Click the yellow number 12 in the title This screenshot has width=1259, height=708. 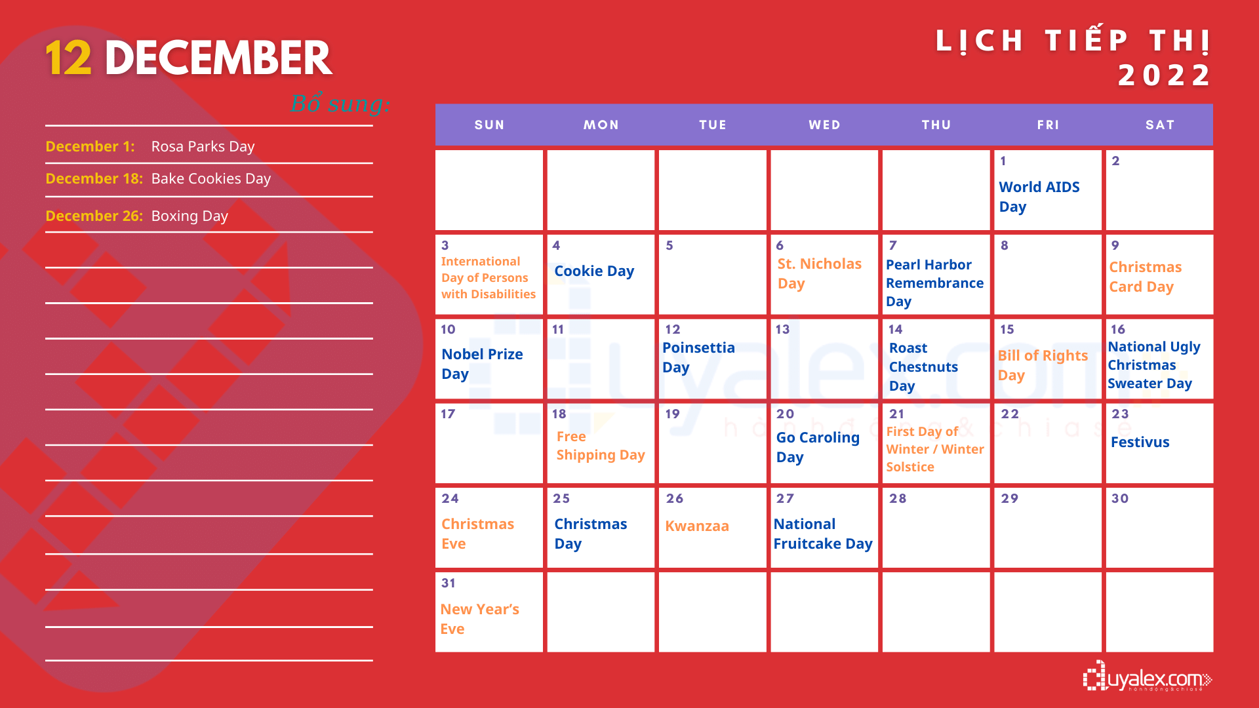(68, 58)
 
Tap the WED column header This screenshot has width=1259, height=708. (824, 125)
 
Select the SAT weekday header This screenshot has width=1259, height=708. (1160, 125)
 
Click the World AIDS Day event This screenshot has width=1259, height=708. (1039, 197)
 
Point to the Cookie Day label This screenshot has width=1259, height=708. (594, 271)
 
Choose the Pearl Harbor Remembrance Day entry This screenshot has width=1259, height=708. (934, 283)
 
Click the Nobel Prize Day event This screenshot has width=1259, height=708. (482, 364)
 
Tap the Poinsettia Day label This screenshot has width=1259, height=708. (698, 357)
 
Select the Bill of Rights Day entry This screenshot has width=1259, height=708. (1043, 365)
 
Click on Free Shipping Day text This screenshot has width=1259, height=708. (601, 446)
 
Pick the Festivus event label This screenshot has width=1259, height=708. (1140, 442)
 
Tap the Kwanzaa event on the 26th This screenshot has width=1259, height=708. (697, 526)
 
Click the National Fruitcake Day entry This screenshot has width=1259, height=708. (823, 534)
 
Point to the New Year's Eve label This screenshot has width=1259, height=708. (479, 619)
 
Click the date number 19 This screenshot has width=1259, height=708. (672, 414)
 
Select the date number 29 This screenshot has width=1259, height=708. (1010, 498)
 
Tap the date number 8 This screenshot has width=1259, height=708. (1005, 245)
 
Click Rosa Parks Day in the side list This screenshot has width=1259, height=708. (203, 146)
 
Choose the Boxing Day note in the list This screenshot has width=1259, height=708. (190, 216)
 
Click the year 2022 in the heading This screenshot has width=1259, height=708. (1165, 75)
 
